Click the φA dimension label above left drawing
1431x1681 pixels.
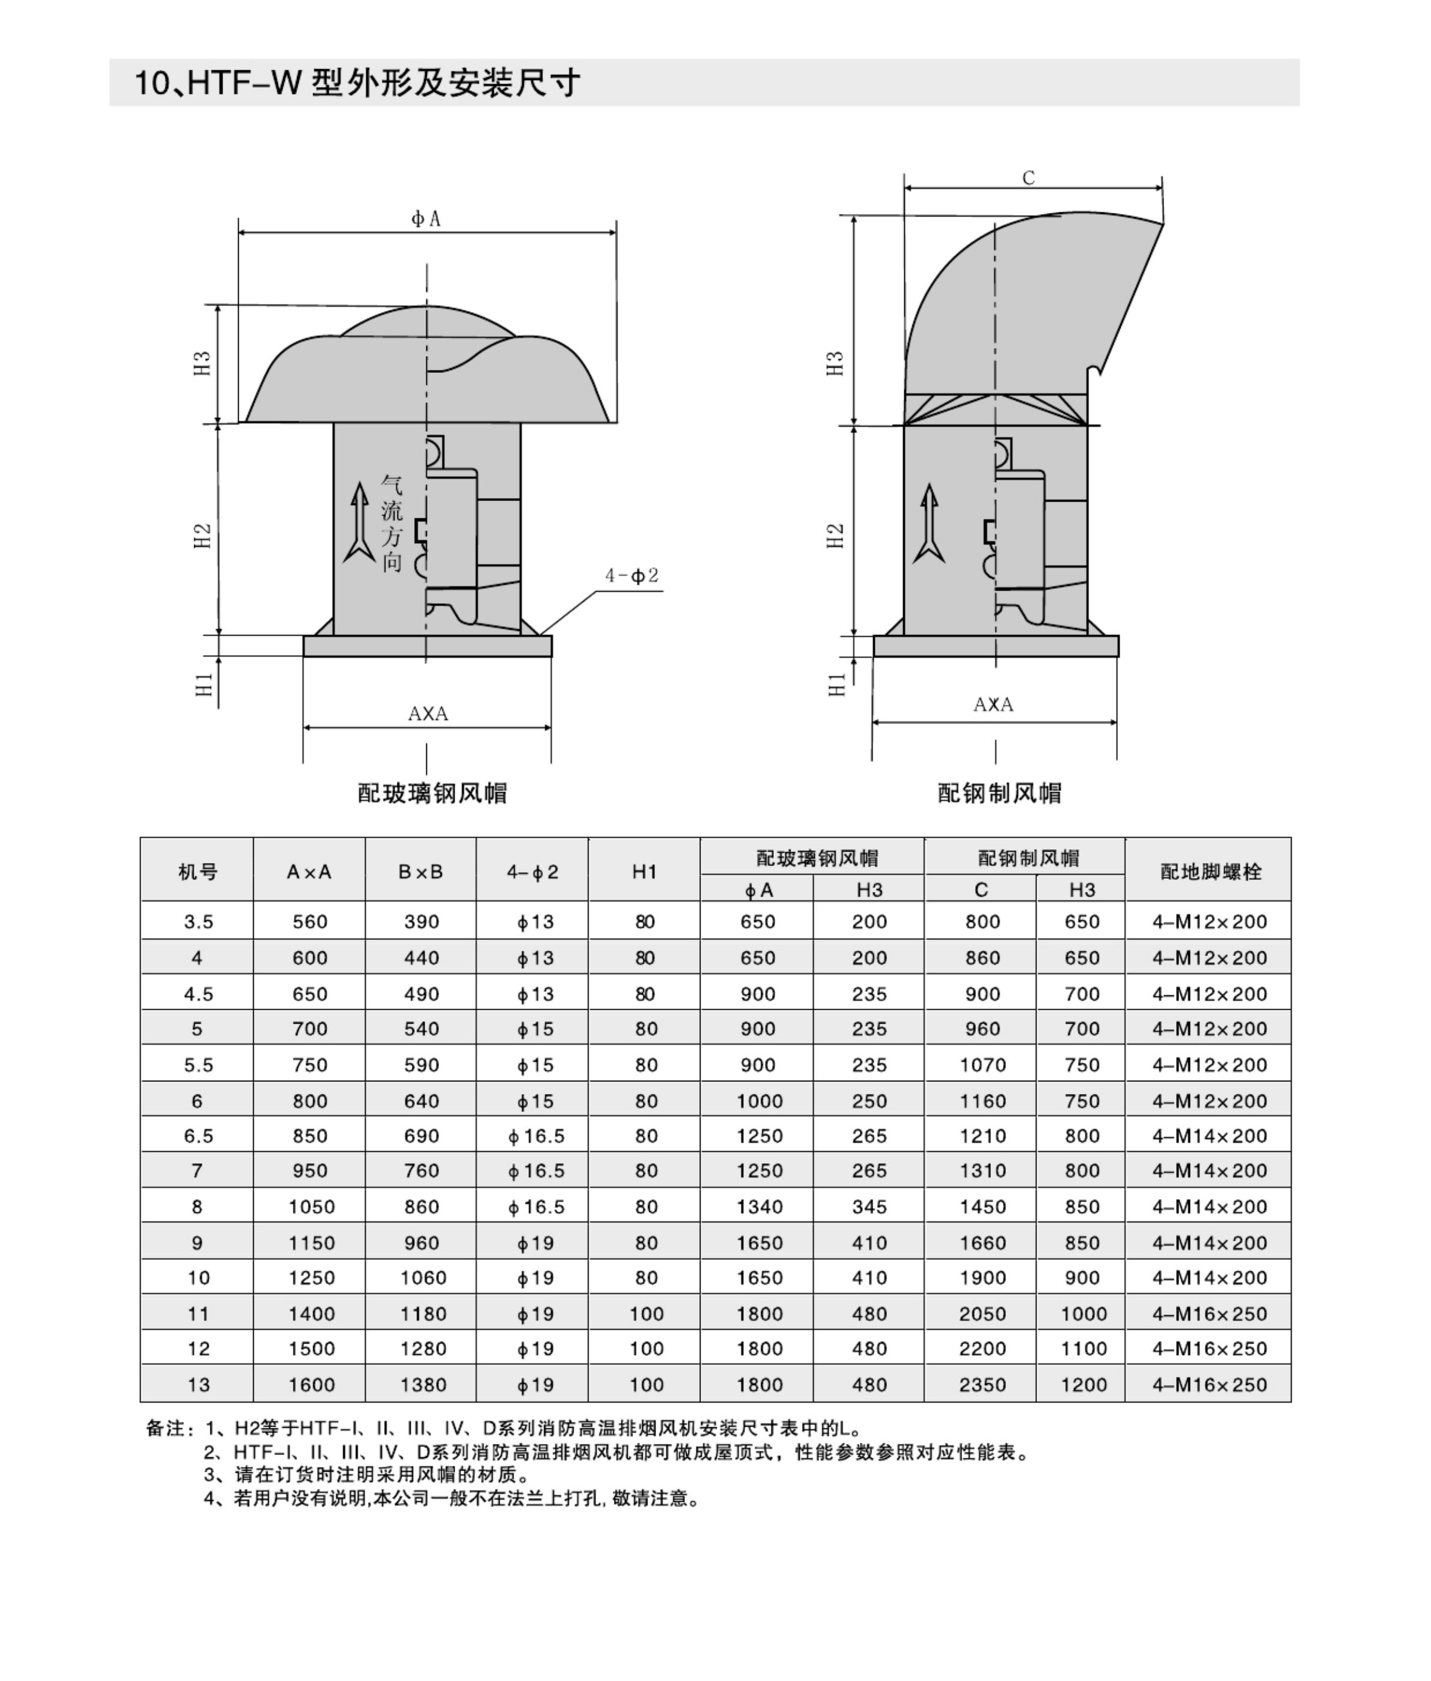pyautogui.click(x=426, y=218)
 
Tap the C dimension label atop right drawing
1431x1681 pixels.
pyautogui.click(x=1029, y=177)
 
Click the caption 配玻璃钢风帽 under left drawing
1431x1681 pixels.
pyautogui.click(x=432, y=793)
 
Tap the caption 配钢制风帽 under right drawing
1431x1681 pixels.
pyautogui.click(x=999, y=793)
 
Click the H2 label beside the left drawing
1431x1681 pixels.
pyautogui.click(x=202, y=535)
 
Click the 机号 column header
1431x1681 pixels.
pyautogui.click(x=197, y=872)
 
